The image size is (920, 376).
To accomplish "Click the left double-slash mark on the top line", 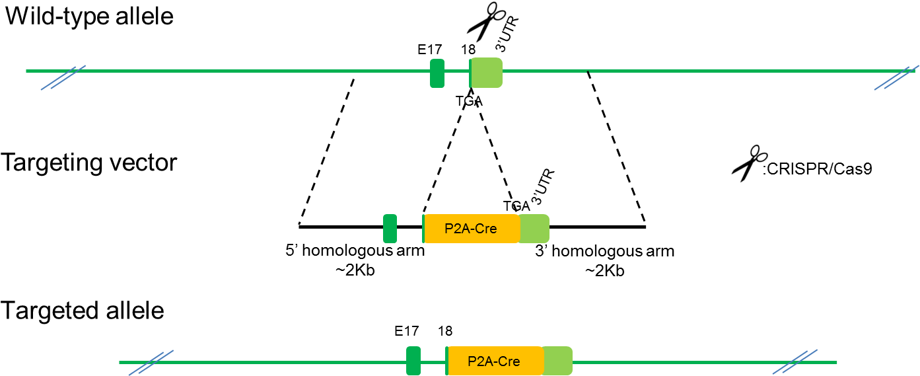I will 63,77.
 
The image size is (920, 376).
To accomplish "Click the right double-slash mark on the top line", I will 896,77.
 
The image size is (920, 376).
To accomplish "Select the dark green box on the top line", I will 437,73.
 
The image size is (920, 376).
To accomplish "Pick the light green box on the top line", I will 487,73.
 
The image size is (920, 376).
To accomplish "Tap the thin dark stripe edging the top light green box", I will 470,73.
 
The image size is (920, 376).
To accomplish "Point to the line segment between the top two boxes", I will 456,71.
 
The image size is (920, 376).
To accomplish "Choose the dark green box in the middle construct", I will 390,229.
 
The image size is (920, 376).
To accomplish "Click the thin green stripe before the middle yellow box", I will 423,229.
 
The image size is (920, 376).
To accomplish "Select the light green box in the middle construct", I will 534,229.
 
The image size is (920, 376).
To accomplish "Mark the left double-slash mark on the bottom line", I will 151,362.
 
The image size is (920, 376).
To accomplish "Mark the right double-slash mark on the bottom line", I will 795,361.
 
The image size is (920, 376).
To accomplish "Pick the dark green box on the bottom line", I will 413,361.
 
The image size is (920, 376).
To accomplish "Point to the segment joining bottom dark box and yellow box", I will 433,362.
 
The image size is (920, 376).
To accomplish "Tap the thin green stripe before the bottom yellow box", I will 447,361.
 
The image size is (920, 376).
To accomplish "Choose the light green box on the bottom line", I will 558,361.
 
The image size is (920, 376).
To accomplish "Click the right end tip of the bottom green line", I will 836,362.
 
